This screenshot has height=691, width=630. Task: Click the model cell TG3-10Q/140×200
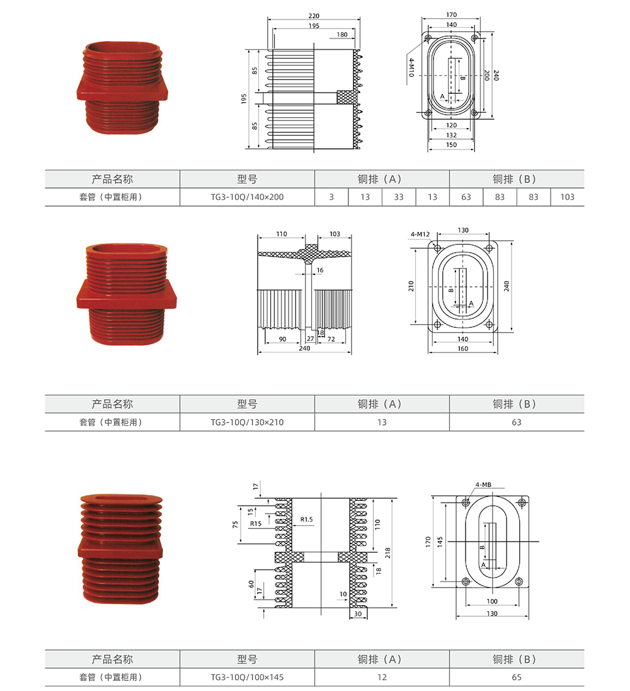pyautogui.click(x=247, y=197)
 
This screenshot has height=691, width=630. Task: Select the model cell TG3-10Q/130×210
pyautogui.click(x=247, y=422)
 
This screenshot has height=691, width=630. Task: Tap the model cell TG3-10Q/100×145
pyautogui.click(x=247, y=677)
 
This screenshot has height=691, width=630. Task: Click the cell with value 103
pyautogui.click(x=567, y=197)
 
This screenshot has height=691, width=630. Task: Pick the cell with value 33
pyautogui.click(x=399, y=197)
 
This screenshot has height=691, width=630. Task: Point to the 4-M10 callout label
pyautogui.click(x=411, y=67)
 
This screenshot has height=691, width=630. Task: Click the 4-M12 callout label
pyautogui.click(x=420, y=234)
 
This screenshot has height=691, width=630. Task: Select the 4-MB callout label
pyautogui.click(x=483, y=485)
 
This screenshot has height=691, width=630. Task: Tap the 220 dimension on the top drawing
pyautogui.click(x=314, y=16)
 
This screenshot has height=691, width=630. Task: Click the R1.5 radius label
pyautogui.click(x=306, y=519)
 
